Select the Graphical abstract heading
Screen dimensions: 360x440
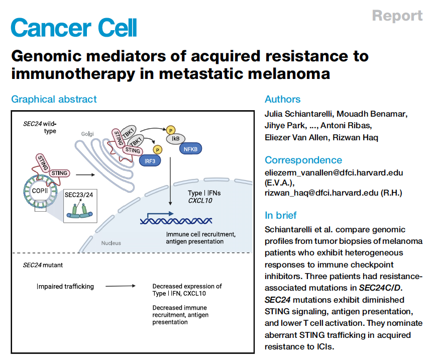[54, 100]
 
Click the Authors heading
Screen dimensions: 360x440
[283, 100]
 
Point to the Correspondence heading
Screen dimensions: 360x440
[303, 160]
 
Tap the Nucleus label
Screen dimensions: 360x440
[112, 243]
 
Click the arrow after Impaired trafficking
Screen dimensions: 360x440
[120, 287]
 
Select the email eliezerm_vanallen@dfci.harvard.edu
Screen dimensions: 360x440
[334, 173]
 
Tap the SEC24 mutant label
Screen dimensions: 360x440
[43, 264]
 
